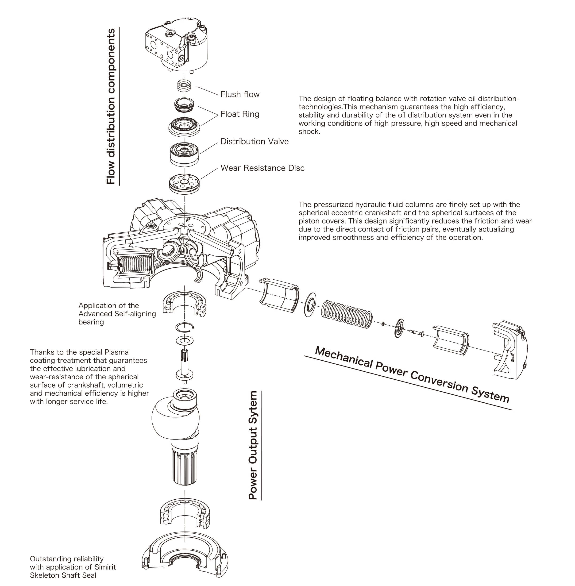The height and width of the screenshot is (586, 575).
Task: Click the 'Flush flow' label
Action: [x=240, y=94]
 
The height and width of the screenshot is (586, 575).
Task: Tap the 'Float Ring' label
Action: [x=240, y=114]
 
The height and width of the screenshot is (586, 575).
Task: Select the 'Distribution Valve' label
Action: [x=254, y=141]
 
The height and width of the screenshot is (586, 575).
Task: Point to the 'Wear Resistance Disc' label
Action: [x=262, y=168]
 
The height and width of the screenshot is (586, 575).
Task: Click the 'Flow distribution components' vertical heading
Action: [x=111, y=106]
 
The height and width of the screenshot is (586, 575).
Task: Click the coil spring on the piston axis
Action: [x=346, y=314]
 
